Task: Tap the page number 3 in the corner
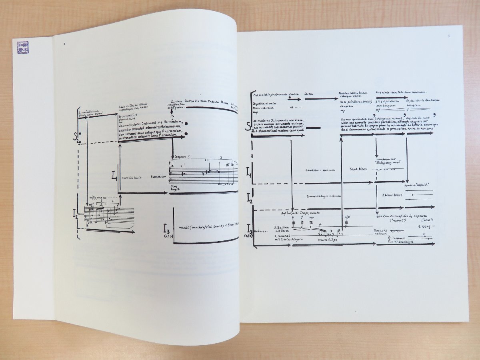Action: click(449, 36)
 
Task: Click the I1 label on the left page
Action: click(114, 174)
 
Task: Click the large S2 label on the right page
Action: click(249, 128)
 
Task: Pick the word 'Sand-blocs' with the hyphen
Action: click(358, 169)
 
